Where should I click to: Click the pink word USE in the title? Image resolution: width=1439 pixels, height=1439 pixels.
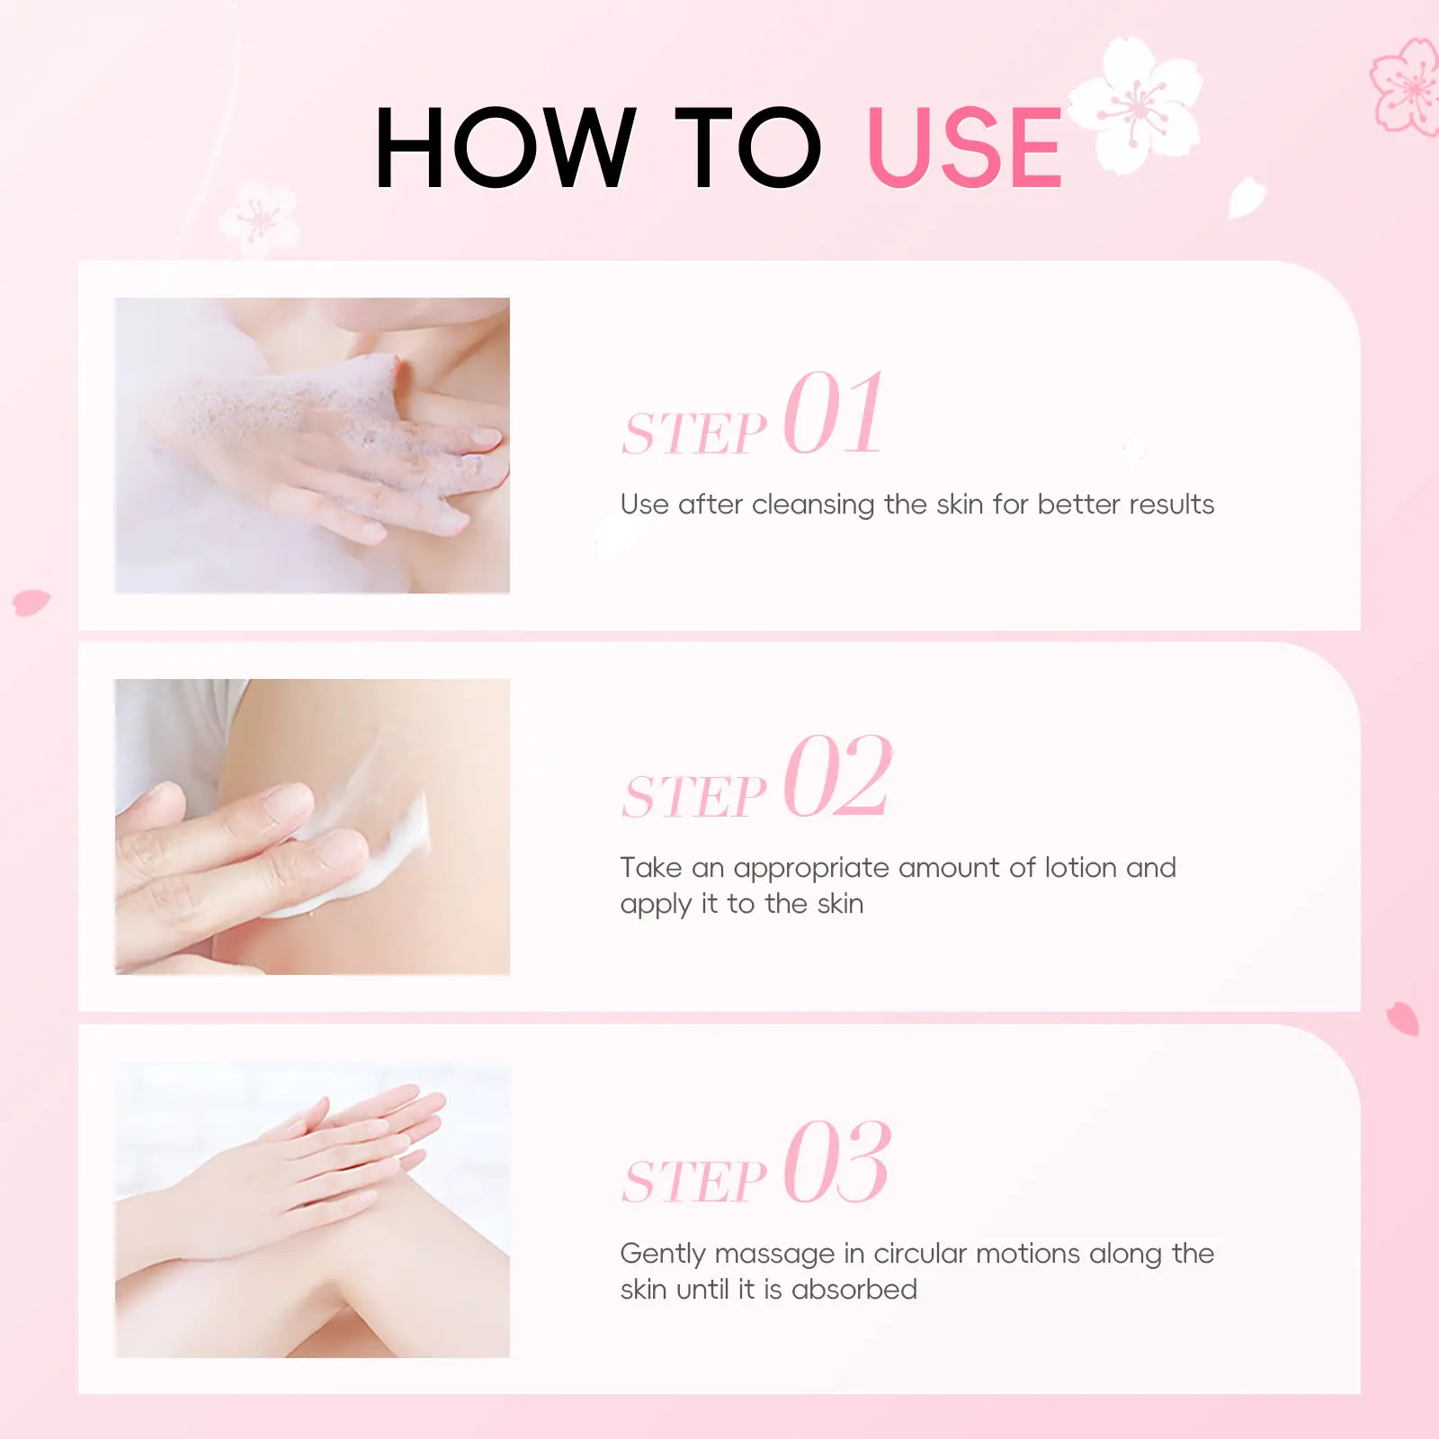coord(965,147)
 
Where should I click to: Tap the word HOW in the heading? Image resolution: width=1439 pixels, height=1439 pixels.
coord(505,147)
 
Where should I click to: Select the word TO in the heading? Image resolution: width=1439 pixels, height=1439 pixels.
coord(748,147)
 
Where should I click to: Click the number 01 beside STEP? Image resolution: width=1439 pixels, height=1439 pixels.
coord(834,413)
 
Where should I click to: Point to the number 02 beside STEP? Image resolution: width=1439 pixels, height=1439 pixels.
coord(837,775)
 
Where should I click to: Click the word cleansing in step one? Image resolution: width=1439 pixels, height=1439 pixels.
coord(813,505)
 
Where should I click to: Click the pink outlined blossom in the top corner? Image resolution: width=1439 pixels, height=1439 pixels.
coord(1408,87)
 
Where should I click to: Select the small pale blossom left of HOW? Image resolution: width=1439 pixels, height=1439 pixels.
coord(259,218)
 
